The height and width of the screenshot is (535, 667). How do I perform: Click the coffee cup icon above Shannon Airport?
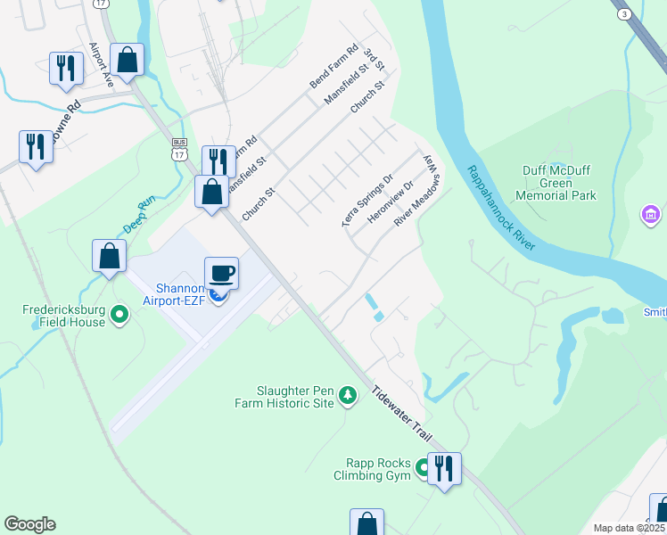[x=221, y=272]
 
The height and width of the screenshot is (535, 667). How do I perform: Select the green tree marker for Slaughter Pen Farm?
[x=349, y=394]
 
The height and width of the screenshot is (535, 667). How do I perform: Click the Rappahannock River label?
[x=500, y=208]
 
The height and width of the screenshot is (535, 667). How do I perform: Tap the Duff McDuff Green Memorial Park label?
[x=558, y=182]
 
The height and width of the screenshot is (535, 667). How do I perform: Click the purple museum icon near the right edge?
[x=651, y=215]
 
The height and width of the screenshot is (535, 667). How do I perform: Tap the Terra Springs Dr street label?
[x=367, y=201]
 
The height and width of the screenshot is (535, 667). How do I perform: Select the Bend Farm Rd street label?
[x=333, y=66]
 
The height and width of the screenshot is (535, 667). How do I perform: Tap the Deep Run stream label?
[x=140, y=215]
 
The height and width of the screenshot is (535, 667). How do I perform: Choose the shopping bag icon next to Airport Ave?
[x=127, y=60]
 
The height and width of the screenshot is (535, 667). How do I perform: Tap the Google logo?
[x=29, y=524]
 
